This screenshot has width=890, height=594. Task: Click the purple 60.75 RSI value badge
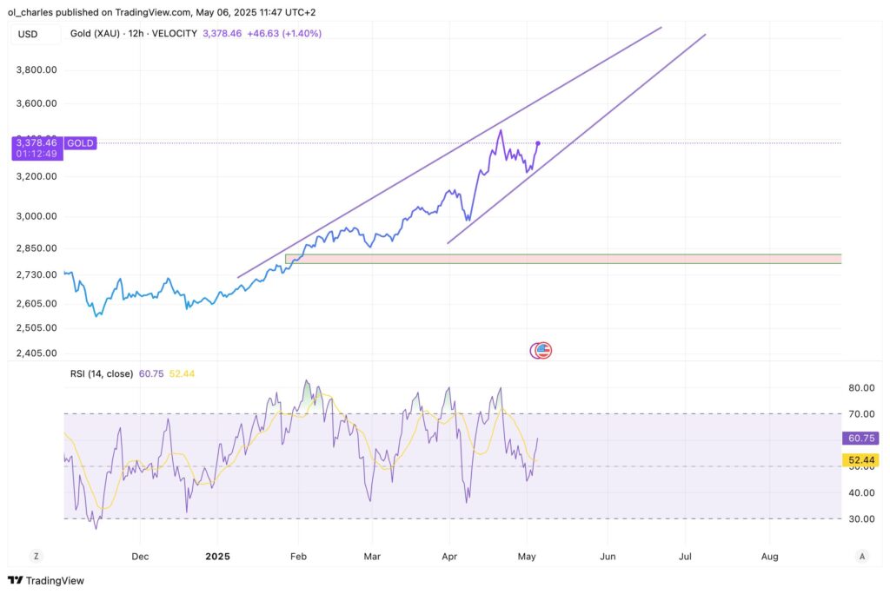coord(860,439)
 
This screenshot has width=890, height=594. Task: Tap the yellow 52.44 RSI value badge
coord(860,459)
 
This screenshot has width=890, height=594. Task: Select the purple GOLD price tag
coord(80,142)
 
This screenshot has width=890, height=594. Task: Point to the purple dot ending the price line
coord(538,142)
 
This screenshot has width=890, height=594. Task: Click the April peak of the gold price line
coord(500,131)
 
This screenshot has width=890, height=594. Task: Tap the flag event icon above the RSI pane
coord(543,351)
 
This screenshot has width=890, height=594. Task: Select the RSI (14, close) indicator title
coord(102,373)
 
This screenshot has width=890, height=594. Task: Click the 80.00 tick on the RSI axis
coord(860,387)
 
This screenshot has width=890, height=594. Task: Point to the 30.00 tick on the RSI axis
coord(860,518)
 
